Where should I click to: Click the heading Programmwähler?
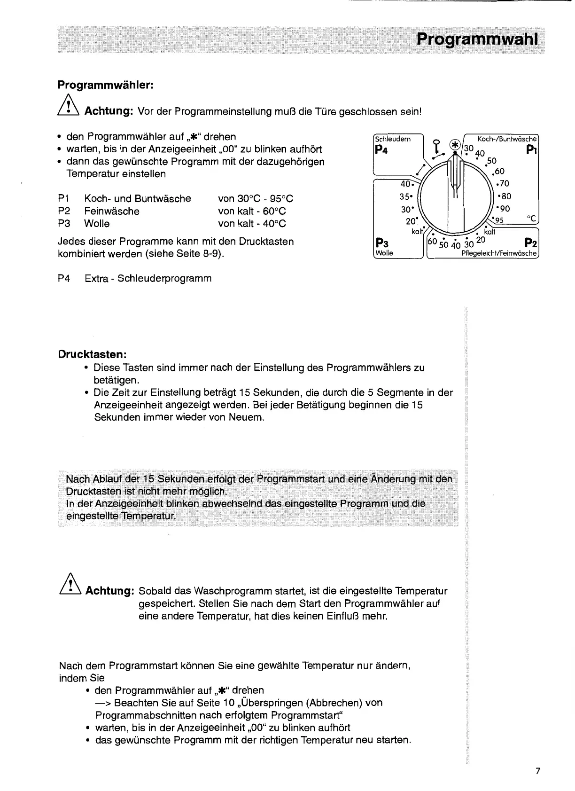click(x=106, y=85)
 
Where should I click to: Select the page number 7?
click(x=538, y=771)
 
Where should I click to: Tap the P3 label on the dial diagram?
click(x=381, y=243)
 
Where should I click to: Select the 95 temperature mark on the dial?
click(x=498, y=220)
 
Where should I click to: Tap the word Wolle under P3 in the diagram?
click(x=384, y=253)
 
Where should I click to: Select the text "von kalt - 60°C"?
click(x=252, y=211)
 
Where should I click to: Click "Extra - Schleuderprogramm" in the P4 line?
click(x=148, y=278)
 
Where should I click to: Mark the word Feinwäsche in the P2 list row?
click(x=112, y=211)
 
